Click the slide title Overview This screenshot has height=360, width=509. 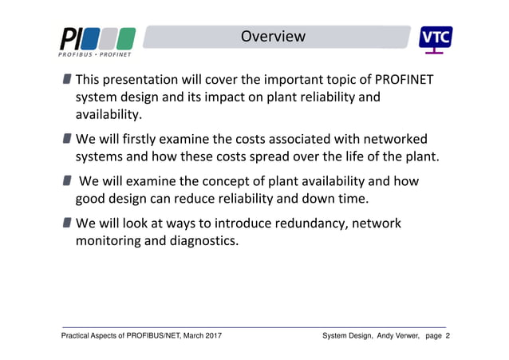point(273,37)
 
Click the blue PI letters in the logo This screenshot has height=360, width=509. point(69,38)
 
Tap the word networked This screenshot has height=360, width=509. point(391,138)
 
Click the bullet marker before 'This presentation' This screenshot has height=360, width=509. point(68,80)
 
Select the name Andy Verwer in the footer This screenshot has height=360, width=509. point(386,337)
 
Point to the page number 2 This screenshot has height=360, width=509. point(448,337)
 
